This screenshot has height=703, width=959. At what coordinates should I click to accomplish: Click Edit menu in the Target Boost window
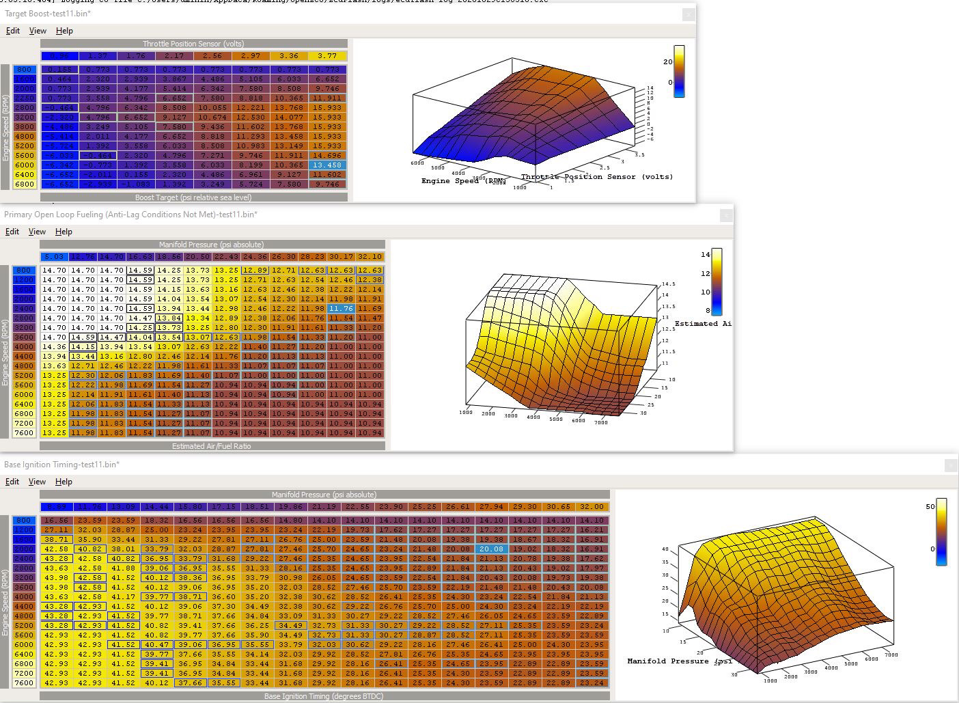(x=12, y=31)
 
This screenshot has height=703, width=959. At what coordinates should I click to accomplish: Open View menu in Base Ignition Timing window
(x=37, y=482)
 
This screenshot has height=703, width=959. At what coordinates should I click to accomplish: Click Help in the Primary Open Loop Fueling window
(x=64, y=232)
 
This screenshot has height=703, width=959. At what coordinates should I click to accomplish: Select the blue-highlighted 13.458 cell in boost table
(x=327, y=165)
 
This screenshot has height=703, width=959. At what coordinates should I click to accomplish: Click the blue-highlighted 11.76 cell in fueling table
(x=341, y=308)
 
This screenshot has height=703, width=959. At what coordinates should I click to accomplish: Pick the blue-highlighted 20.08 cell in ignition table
(x=491, y=549)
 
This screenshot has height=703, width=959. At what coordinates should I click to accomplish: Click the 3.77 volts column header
(x=327, y=56)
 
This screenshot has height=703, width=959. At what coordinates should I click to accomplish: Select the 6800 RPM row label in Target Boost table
(x=24, y=184)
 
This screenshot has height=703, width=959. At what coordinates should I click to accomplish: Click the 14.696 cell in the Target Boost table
(x=327, y=155)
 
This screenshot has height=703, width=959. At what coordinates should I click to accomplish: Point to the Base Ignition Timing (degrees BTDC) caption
(x=324, y=696)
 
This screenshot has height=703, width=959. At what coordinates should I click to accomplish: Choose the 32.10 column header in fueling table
(x=370, y=257)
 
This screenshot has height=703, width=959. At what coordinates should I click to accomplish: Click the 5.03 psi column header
(x=53, y=257)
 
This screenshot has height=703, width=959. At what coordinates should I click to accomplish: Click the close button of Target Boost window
(x=689, y=14)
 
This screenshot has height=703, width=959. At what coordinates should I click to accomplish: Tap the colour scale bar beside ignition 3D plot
(x=941, y=532)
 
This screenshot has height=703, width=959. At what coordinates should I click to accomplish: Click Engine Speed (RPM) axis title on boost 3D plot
(x=463, y=181)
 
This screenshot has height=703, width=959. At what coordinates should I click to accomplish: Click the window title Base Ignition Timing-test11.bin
(x=61, y=465)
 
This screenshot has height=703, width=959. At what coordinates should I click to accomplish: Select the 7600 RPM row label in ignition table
(x=24, y=683)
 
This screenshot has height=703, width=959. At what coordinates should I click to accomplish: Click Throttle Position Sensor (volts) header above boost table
(x=193, y=44)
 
